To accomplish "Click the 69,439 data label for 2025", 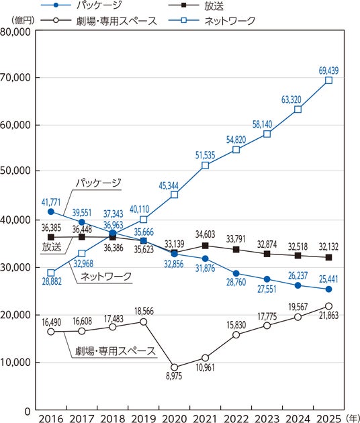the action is coord(328,70).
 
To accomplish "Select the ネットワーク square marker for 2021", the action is coord(205,165).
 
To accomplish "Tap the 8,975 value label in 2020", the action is coord(174,376).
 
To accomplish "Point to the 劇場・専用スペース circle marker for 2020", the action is coord(175,367).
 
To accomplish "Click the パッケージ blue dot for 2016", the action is coord(51,211).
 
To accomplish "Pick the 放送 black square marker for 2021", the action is coord(205,246).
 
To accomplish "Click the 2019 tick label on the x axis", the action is coord(143,418).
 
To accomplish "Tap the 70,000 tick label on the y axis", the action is coord(15,78).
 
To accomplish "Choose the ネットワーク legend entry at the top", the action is coord(212,21).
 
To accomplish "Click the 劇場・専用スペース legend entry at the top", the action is coord(99,21).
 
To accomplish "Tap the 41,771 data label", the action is coord(51,202).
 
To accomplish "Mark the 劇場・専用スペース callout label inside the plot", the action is coord(116,351).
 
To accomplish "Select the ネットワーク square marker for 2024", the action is coord(298,109).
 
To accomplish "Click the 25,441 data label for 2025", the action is coord(328,279).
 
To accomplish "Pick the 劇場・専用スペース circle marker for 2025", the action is coord(328,306).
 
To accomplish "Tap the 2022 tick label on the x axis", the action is coord(236,418).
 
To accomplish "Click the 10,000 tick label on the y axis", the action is coord(15,363).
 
